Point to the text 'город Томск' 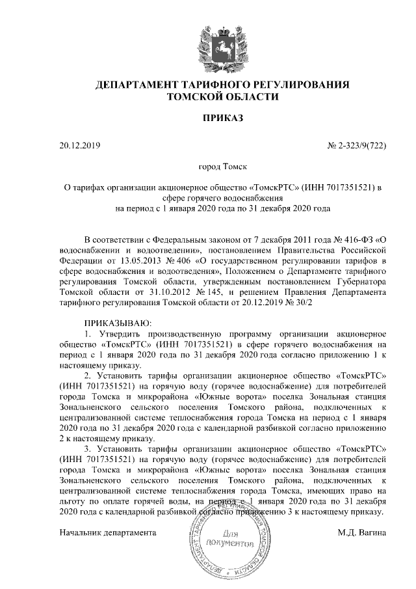pos(222,167)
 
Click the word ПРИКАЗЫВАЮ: pos(118,323)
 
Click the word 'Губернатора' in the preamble pos(359,282)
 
